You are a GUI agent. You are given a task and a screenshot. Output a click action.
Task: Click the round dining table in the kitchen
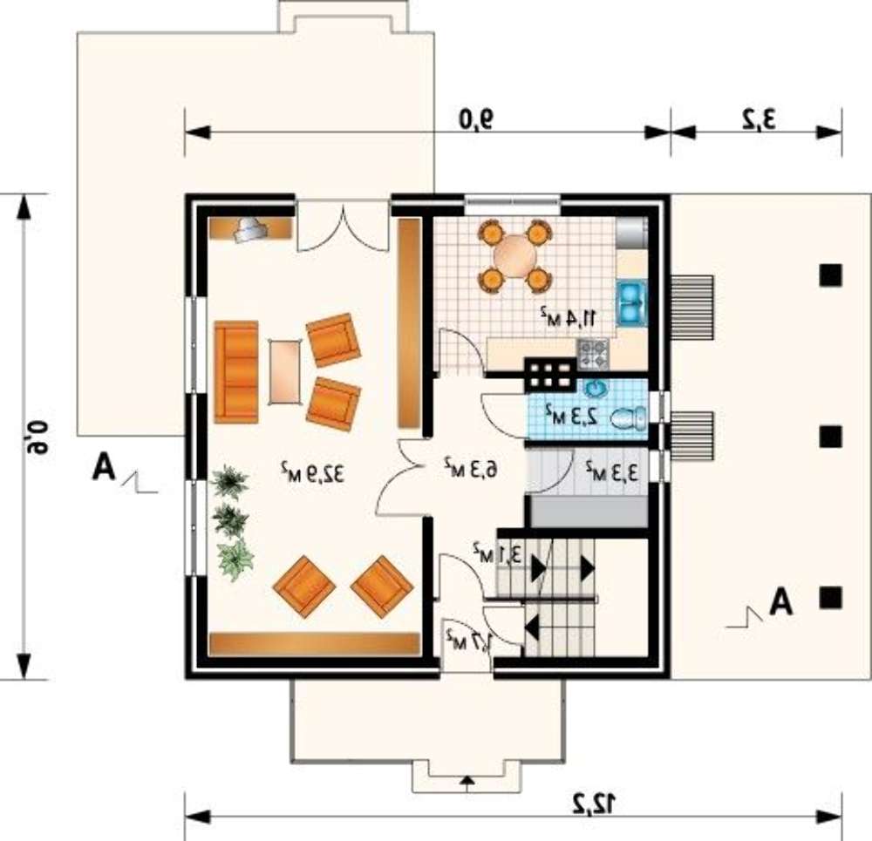515,255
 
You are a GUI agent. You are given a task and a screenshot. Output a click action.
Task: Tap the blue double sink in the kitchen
630,303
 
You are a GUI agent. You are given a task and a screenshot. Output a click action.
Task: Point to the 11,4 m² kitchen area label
569,316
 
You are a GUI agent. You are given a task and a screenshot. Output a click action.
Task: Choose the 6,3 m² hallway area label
471,468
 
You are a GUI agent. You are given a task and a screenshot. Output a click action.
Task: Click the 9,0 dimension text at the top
476,119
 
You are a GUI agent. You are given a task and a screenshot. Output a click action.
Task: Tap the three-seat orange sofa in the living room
236,372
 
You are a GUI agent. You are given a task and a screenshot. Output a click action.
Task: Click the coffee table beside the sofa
285,372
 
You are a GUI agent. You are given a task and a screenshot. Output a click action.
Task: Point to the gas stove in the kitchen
593,354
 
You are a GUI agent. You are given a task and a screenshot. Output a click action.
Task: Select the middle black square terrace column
831,437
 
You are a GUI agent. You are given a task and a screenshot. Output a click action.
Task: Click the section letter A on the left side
104,467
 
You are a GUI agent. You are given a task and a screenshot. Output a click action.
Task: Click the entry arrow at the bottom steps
467,783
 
